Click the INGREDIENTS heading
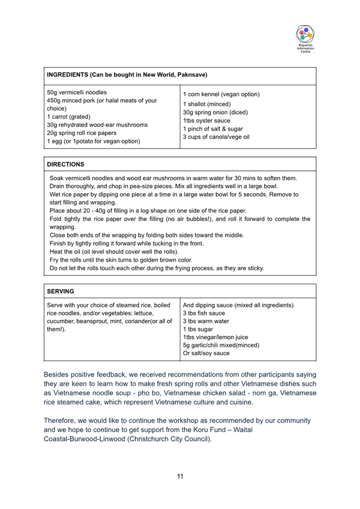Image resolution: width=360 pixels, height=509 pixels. pyautogui.click(x=127, y=75)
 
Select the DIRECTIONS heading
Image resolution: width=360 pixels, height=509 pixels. pyautogui.click(x=66, y=164)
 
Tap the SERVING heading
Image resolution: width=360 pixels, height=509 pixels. pyautogui.click(x=60, y=291)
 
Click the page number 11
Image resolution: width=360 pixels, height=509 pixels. pyautogui.click(x=180, y=476)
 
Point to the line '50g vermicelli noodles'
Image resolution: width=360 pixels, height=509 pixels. pyautogui.click(x=77, y=92)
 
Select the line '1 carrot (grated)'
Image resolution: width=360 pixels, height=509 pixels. pyautogui.click(x=69, y=116)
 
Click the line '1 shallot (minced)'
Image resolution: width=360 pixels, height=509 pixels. pyautogui.click(x=207, y=104)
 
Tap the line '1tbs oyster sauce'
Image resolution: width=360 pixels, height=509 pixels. pyautogui.click(x=206, y=121)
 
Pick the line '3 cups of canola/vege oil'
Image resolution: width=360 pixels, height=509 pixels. pyautogui.click(x=216, y=137)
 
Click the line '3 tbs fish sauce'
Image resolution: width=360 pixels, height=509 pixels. pyautogui.click(x=204, y=313)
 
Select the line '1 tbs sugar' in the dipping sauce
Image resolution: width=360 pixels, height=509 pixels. pyautogui.click(x=198, y=329)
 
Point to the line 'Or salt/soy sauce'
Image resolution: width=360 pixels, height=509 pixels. pyautogui.click(x=206, y=353)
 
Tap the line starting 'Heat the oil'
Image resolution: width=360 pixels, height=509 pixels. pyautogui.click(x=114, y=251)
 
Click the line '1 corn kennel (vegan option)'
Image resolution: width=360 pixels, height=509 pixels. pyautogui.click(x=221, y=94)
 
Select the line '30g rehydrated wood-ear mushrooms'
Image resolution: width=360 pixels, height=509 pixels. pyautogui.click(x=97, y=125)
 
